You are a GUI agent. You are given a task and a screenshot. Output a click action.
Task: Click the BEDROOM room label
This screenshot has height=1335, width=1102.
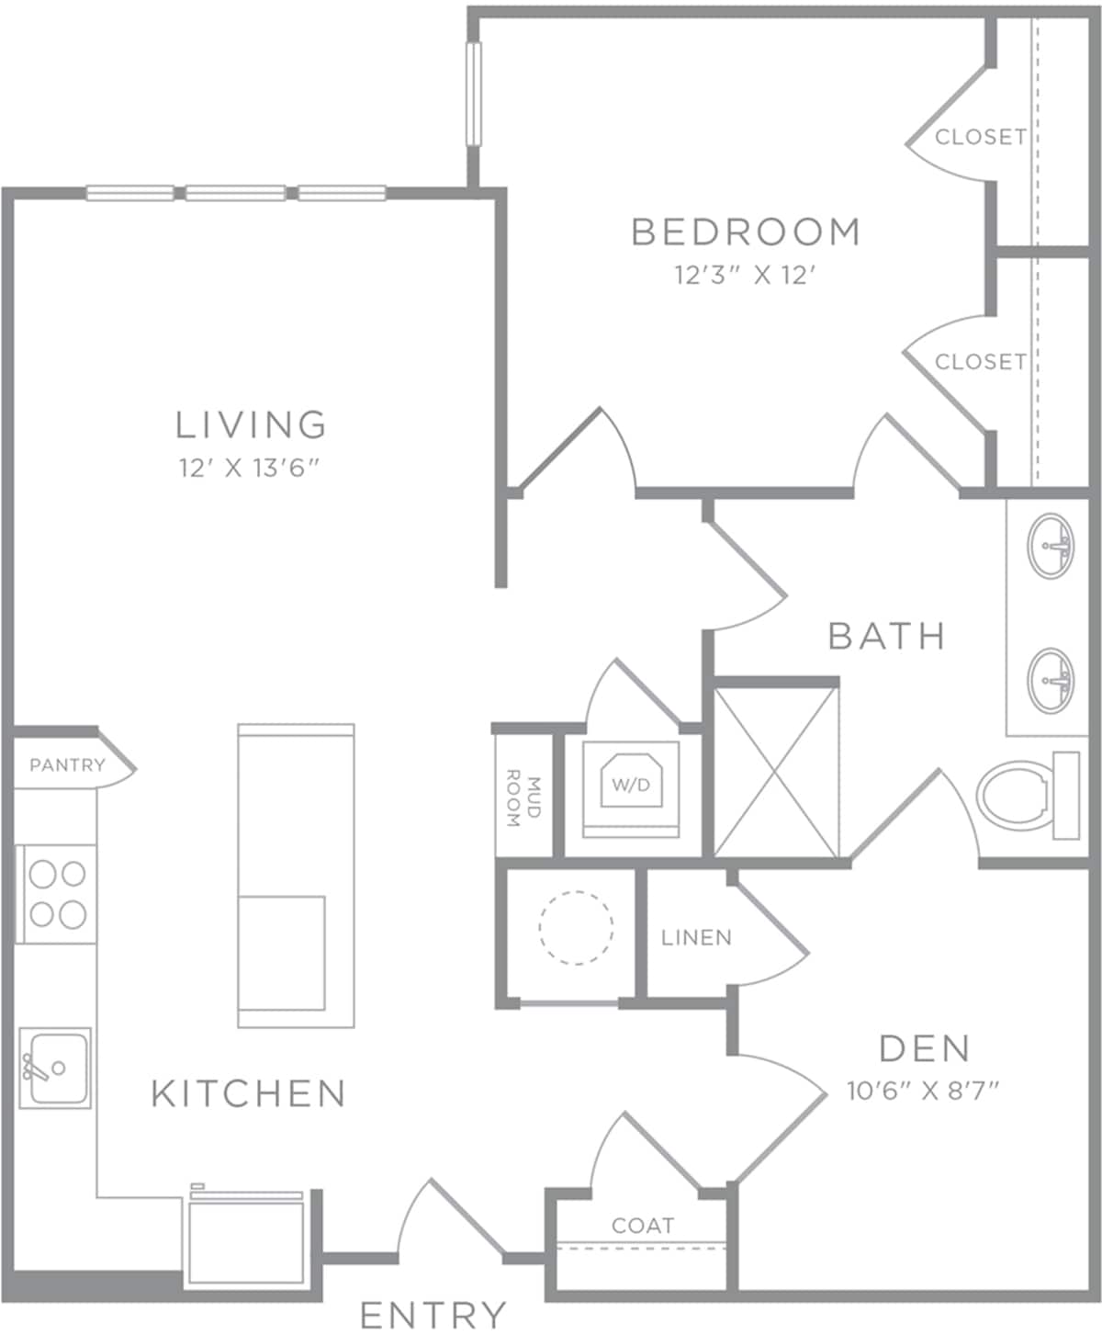(746, 232)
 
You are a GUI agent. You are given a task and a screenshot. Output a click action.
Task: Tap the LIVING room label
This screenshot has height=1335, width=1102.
(252, 425)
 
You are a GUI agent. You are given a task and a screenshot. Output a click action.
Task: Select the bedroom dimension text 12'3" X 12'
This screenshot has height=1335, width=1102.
(746, 276)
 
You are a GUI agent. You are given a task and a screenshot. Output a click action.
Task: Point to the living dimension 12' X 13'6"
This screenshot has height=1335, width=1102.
(249, 468)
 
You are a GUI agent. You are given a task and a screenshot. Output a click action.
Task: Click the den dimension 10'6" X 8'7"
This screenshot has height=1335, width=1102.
(923, 1090)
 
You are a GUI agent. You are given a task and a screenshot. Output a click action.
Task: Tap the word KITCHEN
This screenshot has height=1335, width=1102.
(249, 1093)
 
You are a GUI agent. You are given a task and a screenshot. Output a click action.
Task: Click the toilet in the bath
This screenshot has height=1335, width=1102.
(1029, 796)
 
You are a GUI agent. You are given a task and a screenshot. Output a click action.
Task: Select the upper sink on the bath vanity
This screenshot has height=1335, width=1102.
(1051, 546)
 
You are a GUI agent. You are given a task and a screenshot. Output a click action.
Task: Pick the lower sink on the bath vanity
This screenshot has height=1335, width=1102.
(1051, 681)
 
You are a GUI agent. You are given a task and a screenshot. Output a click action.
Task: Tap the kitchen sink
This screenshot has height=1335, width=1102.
(55, 1068)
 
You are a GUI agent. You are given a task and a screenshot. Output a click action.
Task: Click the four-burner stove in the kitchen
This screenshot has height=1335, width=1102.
(56, 894)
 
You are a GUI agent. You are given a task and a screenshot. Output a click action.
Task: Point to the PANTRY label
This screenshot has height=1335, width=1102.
(68, 764)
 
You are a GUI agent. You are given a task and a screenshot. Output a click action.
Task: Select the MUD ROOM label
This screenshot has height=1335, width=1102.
(523, 798)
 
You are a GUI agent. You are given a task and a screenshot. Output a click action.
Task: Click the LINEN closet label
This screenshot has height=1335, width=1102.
(696, 938)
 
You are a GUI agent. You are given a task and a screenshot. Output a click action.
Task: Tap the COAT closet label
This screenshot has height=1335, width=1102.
(643, 1226)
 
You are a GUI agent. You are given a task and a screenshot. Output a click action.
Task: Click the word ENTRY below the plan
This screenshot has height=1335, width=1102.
(433, 1315)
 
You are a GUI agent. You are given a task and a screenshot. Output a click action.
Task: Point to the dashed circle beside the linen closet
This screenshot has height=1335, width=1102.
(576, 928)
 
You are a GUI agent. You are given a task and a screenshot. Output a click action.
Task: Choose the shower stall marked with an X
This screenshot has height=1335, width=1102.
(775, 773)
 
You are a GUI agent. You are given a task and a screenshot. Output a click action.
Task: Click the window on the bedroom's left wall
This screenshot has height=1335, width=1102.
(474, 94)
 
